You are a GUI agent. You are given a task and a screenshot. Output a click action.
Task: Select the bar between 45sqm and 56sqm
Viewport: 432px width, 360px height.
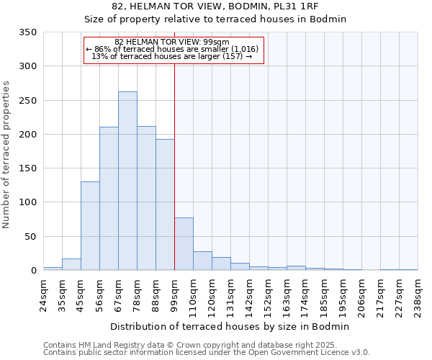(x=90, y=226)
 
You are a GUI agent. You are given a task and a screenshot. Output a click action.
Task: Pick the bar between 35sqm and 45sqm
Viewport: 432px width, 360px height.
(x=71, y=264)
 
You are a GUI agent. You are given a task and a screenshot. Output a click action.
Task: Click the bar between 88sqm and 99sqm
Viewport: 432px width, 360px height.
(x=165, y=204)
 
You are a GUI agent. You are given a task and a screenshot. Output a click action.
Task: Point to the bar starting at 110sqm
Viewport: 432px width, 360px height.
(x=202, y=261)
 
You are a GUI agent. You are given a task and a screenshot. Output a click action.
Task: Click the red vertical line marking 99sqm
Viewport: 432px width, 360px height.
(x=174, y=144)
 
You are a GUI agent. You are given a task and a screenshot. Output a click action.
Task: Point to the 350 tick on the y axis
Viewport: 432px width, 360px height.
(x=27, y=32)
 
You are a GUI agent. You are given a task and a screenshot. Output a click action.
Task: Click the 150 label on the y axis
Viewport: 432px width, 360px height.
(x=27, y=168)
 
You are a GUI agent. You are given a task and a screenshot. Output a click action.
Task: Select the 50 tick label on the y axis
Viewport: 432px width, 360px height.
(x=30, y=237)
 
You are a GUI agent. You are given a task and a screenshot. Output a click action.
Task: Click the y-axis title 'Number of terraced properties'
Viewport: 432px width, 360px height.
(x=6, y=155)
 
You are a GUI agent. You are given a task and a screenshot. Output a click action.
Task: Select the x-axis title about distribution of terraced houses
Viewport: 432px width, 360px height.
(x=230, y=326)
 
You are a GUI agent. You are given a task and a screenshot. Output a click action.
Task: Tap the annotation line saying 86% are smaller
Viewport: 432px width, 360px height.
(x=174, y=49)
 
